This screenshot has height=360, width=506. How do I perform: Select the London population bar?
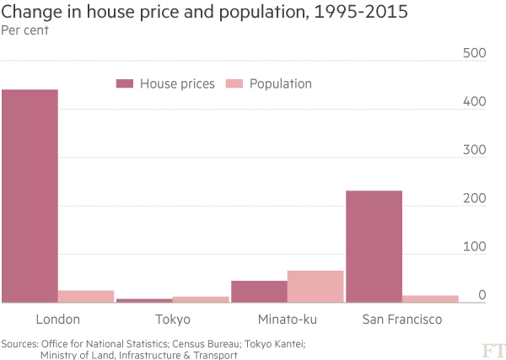pyautogui.click(x=86, y=296)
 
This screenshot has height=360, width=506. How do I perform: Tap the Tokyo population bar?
pyautogui.click(x=201, y=298)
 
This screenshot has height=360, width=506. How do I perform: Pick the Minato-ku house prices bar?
pyautogui.click(x=258, y=291)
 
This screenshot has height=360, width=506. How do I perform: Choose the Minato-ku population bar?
pyautogui.click(x=315, y=287)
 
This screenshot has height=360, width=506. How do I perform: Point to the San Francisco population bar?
pyautogui.click(x=430, y=298)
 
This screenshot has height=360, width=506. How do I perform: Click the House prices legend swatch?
pyautogui.click(x=125, y=84)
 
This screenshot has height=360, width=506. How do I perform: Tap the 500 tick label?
pyautogui.click(x=476, y=54)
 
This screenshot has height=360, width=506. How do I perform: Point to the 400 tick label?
pyautogui.click(x=476, y=102)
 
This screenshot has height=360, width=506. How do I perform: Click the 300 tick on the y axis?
pyautogui.click(x=476, y=150)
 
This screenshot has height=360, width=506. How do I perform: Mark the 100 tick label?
pyautogui.click(x=476, y=247)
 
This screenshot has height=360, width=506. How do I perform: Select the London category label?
pyautogui.click(x=57, y=320)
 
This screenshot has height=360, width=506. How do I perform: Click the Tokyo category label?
pyautogui.click(x=173, y=320)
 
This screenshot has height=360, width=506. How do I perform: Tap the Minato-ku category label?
pyautogui.click(x=287, y=320)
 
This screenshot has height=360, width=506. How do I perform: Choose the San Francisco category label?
pyautogui.click(x=401, y=320)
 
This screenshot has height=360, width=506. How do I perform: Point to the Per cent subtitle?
pyautogui.click(x=25, y=30)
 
